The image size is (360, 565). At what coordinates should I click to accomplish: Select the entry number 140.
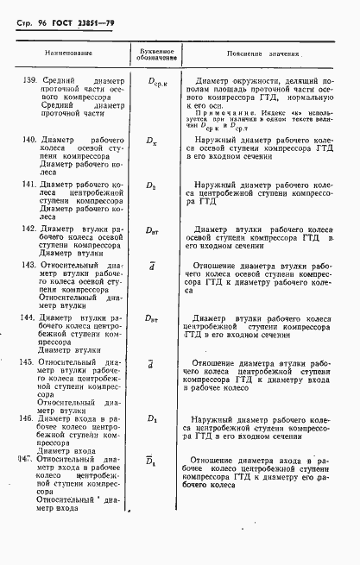(x=26, y=138)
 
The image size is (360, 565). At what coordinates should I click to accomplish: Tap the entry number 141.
(x=26, y=184)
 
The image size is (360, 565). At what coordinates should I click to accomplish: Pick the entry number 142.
(x=26, y=229)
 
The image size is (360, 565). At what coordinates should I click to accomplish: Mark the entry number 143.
(x=26, y=266)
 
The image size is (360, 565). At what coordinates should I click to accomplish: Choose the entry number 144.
(x=26, y=318)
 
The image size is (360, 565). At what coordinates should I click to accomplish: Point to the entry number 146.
(x=26, y=418)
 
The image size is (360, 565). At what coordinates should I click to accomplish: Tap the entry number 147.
(x=26, y=460)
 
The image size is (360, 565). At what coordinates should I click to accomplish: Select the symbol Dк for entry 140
(x=153, y=138)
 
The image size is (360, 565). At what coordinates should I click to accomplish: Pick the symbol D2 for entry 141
(x=153, y=185)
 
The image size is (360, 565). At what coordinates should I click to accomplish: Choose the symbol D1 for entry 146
(x=153, y=419)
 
